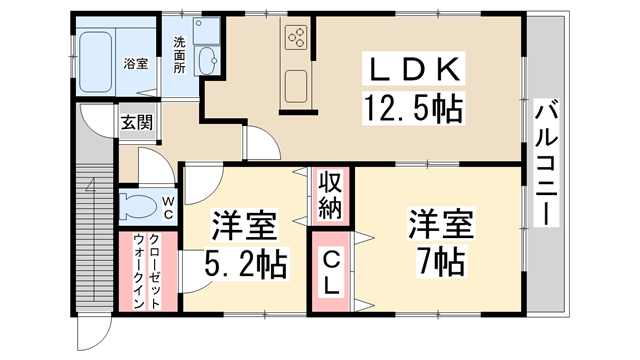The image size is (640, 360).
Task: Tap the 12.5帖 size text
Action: click(414, 106)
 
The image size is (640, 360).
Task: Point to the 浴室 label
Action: click(136, 63)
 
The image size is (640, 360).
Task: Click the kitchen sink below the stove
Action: click(298, 89)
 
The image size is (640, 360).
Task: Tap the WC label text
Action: click(168, 208)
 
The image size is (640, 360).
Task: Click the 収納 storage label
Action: click(331, 195)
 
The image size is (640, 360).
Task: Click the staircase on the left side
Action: click(94, 230)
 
